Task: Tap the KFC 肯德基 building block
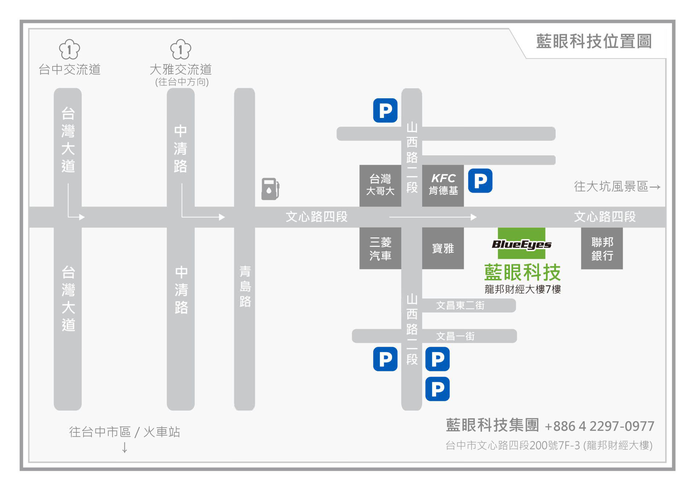[x=443, y=185]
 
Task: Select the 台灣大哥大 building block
[x=380, y=185]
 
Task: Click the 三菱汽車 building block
[x=380, y=248]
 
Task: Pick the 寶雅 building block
[x=443, y=248]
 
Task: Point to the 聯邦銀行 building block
[x=602, y=248]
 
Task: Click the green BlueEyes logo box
[x=521, y=244]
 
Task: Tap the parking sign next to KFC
[x=480, y=180]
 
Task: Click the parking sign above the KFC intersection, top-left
[x=385, y=110]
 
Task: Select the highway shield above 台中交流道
[x=69, y=49]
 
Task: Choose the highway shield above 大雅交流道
[x=180, y=49]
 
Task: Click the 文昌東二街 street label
[x=460, y=305]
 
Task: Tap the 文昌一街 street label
[x=455, y=336]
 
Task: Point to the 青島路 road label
[x=245, y=286]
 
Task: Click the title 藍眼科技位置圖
[x=594, y=41]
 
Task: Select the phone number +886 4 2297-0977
[x=599, y=426]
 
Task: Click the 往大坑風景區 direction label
[x=617, y=187]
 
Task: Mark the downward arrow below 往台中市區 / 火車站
[x=124, y=447]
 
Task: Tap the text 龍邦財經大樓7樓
[x=522, y=289]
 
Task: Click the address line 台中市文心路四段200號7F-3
[x=549, y=445]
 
